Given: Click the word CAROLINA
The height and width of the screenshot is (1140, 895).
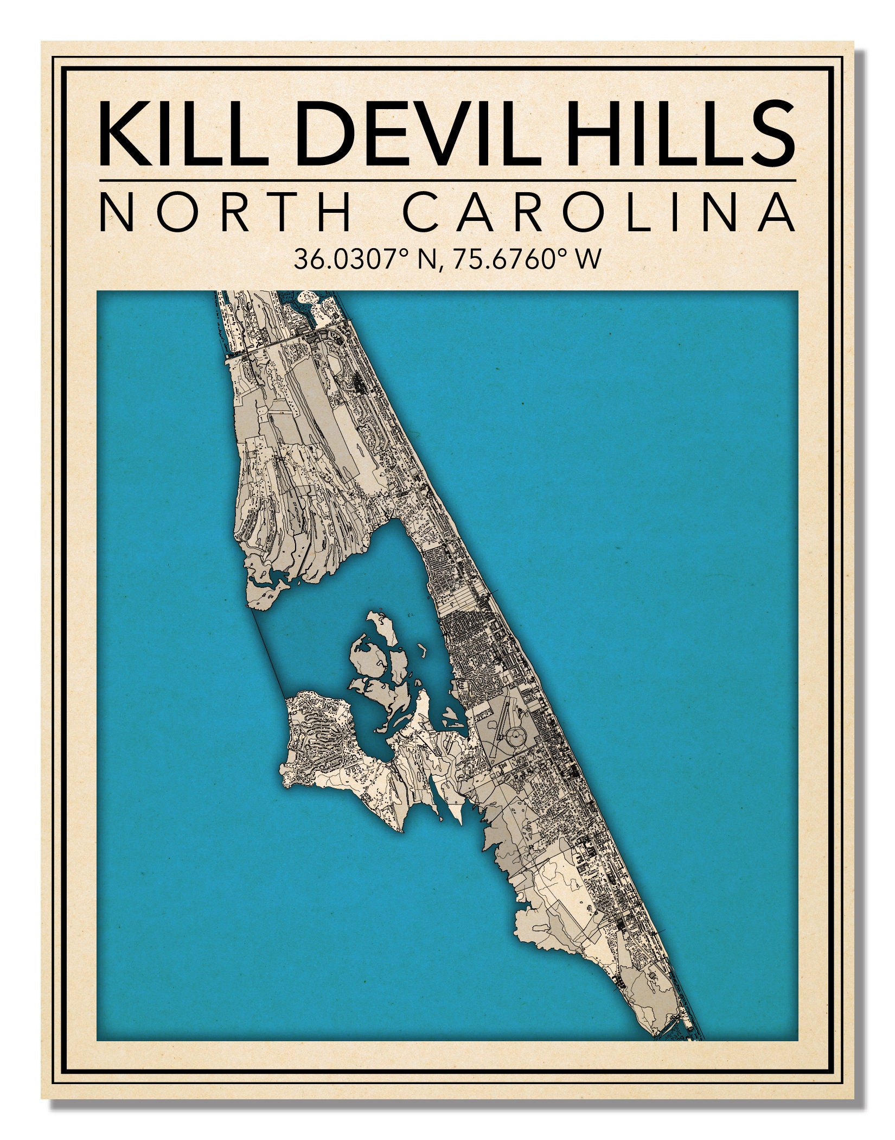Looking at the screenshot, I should (599, 212).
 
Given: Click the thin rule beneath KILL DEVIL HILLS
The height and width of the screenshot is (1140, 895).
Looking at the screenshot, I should (448, 180).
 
